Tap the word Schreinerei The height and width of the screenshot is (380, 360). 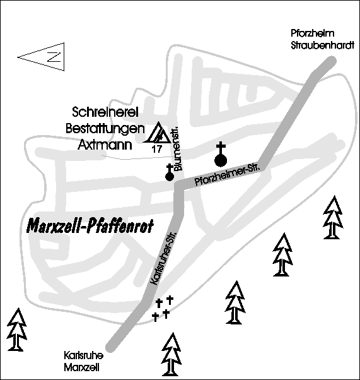[105, 112]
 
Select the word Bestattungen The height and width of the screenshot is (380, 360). [105, 129]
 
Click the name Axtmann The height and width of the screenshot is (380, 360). [105, 145]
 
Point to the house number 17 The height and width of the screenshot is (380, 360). [156, 149]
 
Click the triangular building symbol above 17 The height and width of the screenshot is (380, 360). [158, 133]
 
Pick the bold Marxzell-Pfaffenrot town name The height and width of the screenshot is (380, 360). [90, 226]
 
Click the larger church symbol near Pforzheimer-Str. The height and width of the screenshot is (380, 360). [221, 155]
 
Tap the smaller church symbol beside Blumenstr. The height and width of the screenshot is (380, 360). [170, 172]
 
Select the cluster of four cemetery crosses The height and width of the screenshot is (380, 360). [163, 308]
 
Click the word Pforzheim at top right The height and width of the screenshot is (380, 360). [312, 33]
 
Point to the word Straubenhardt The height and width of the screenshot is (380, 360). [322, 45]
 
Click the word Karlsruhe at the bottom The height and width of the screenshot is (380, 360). [84, 356]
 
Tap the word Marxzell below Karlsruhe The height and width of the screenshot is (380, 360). [81, 368]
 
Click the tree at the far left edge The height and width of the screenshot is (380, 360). [17, 330]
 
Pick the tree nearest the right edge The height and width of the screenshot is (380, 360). [333, 217]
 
